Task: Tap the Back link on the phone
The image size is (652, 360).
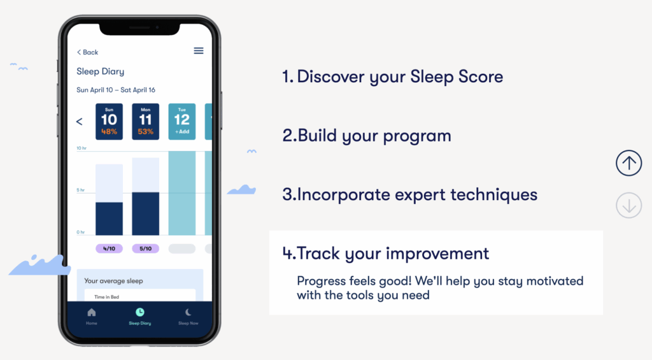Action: [87, 52]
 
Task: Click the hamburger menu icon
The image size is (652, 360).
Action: [199, 51]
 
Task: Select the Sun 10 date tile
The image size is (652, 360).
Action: [109, 122]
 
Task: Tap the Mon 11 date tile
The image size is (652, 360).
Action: [146, 122]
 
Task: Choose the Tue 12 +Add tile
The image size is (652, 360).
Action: [181, 122]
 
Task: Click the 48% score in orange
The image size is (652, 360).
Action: [109, 131]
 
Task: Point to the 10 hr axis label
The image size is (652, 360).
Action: [81, 148]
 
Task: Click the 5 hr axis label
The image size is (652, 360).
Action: [81, 191]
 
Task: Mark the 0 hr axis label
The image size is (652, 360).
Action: [81, 232]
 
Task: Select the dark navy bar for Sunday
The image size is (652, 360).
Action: [109, 219]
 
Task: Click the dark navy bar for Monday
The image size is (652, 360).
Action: [146, 214]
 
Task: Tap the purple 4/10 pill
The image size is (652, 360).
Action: [109, 248]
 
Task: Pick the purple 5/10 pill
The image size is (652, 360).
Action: [146, 248]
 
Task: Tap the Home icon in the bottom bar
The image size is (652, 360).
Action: [92, 312]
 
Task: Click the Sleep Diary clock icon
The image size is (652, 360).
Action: [139, 312]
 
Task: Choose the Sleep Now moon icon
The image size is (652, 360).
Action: [188, 312]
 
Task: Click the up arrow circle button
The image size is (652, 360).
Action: [628, 163]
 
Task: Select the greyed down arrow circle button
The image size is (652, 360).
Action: [628, 205]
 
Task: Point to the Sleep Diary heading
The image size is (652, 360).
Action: [100, 71]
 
